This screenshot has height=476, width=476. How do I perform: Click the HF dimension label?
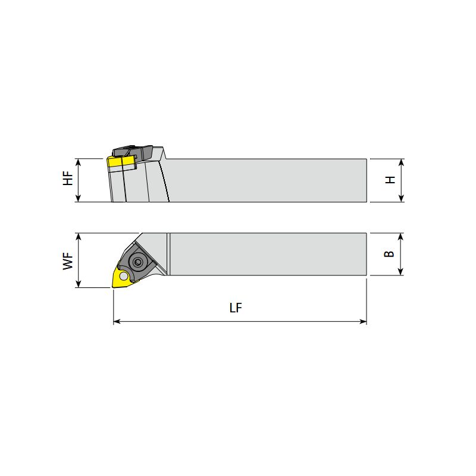[68, 178]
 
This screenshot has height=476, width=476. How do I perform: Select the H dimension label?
[390, 180]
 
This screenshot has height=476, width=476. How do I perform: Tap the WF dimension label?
[68, 261]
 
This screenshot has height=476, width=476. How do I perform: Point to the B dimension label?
[389, 254]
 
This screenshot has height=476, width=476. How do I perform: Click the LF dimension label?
[236, 308]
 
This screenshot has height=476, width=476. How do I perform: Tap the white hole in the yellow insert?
[124, 276]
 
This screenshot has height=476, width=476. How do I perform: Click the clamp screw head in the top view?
[138, 262]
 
